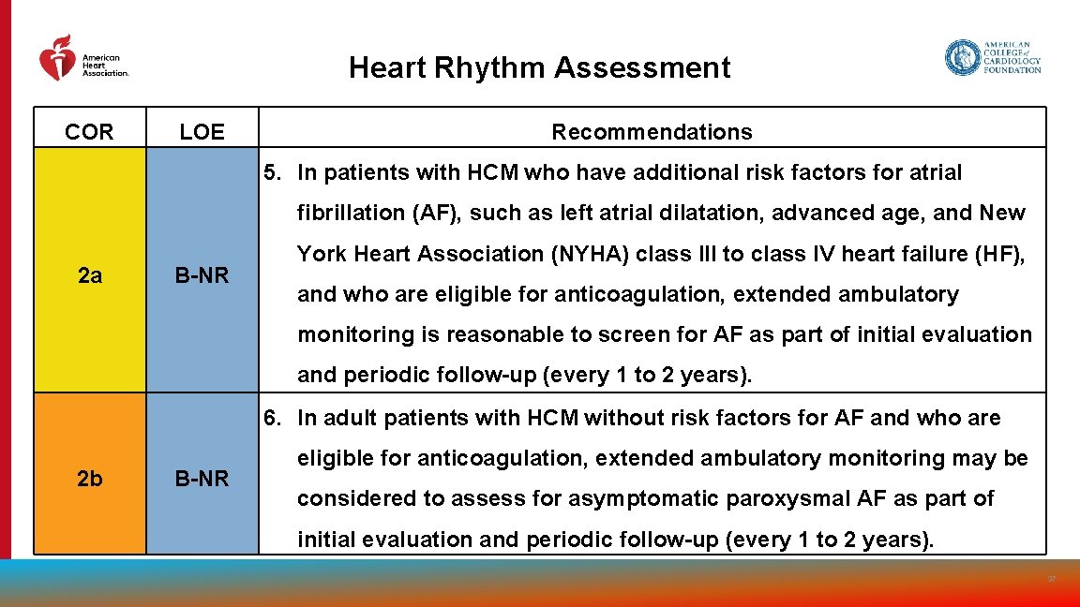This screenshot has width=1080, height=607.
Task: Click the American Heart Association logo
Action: pyautogui.click(x=82, y=58)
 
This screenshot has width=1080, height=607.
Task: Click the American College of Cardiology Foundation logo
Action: pyautogui.click(x=992, y=57)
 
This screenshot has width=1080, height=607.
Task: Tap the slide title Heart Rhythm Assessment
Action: pyautogui.click(x=539, y=68)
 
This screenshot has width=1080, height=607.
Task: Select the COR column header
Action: pyautogui.click(x=90, y=132)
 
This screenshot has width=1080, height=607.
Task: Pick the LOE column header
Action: pyautogui.click(x=202, y=132)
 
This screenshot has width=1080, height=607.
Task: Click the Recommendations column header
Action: pyautogui.click(x=652, y=132)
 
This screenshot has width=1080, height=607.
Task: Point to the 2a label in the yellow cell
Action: pyautogui.click(x=90, y=275)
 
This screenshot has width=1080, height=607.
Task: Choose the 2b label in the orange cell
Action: pyautogui.click(x=90, y=479)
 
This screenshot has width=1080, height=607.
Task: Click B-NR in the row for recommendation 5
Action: pyautogui.click(x=202, y=275)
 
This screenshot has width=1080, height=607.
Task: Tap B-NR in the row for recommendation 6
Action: pyautogui.click(x=202, y=479)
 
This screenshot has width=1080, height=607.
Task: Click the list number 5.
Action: pyautogui.click(x=272, y=172)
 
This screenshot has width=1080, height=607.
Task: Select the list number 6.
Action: pyautogui.click(x=272, y=418)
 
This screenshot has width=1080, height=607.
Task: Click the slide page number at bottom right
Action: pyautogui.click(x=1051, y=580)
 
